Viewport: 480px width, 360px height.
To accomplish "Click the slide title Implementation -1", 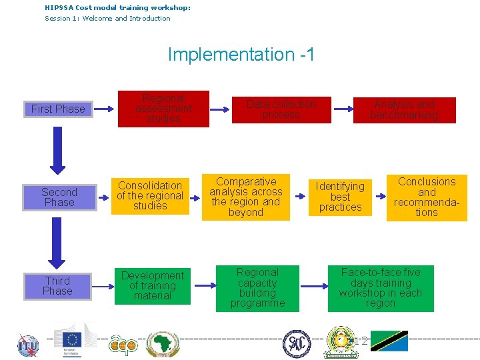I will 241,55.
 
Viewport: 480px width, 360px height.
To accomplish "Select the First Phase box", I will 58,109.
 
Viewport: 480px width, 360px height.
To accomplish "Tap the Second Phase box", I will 59,197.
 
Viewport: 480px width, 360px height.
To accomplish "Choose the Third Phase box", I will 57,286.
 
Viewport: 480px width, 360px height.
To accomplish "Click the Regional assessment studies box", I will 163,109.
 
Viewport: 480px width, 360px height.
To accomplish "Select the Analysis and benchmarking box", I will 404,110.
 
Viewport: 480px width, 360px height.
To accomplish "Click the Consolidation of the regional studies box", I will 149,196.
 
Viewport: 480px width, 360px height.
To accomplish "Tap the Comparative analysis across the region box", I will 246,197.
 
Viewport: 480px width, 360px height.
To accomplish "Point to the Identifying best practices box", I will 340,197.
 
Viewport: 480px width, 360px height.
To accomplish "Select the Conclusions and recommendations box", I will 427,197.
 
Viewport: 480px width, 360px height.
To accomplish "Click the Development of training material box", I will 153,286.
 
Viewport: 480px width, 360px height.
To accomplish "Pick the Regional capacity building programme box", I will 257,288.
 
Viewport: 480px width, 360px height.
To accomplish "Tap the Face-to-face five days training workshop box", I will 381,288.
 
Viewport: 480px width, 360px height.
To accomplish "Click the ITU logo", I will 27,345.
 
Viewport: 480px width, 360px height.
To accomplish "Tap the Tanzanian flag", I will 389,341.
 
